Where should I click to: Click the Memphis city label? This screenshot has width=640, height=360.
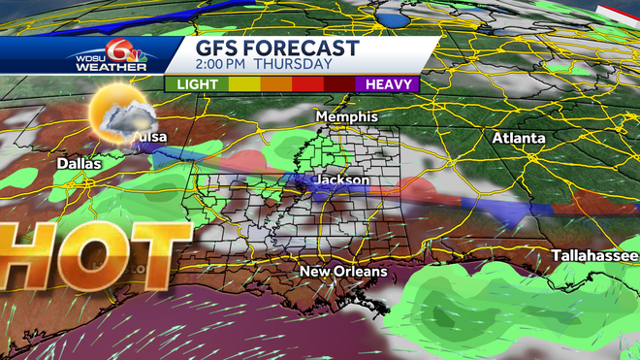pos(346,116)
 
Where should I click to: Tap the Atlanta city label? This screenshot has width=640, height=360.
pos(518,139)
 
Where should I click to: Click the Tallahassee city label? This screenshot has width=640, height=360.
pos(593,255)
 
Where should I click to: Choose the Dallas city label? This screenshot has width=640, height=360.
pos(79,164)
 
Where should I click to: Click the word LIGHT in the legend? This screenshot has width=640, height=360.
pos(198,84)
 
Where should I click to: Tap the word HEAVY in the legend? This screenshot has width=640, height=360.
pos(391,84)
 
